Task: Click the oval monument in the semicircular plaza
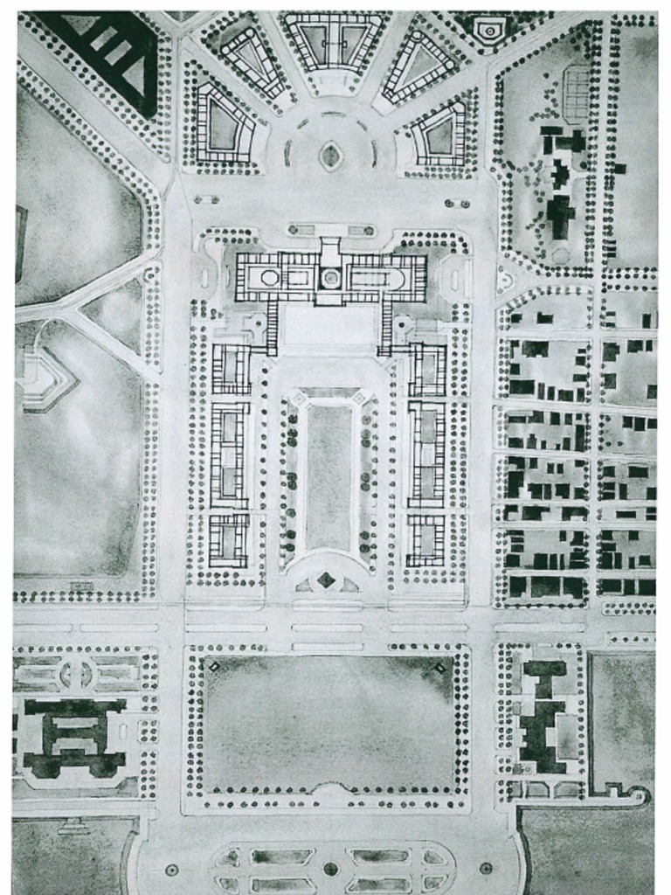[330, 156]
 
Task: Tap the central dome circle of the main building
[330, 278]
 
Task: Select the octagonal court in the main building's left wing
[269, 279]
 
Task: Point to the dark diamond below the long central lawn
[326, 579]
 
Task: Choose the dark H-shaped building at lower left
[73, 736]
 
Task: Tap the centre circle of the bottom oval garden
[330, 869]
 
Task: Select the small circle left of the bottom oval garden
[171, 870]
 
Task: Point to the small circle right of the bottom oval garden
[486, 869]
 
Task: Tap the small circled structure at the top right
[488, 31]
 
